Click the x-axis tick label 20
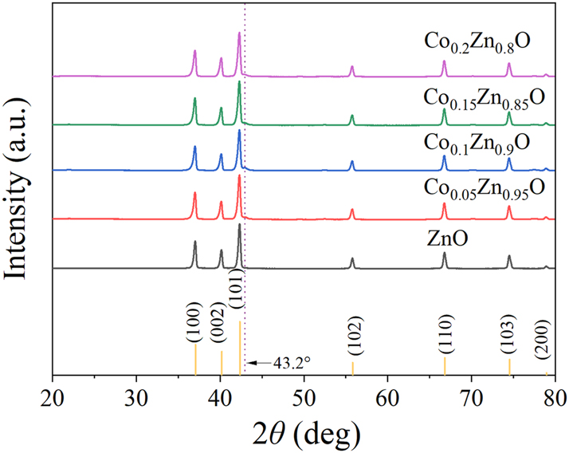[53, 395]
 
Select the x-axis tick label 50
[304, 395]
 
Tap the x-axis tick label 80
[555, 395]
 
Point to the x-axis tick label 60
[387, 395]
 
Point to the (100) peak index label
[195, 330]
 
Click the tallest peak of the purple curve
[239, 34]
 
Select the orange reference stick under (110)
[445, 365]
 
